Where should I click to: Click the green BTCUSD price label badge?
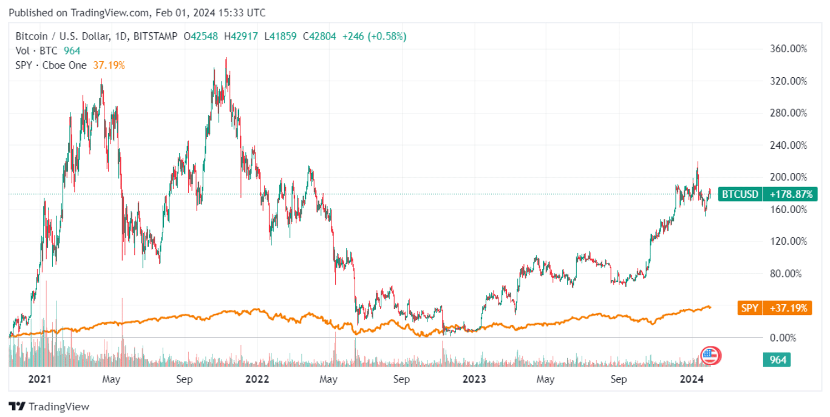pyautogui.click(x=739, y=194)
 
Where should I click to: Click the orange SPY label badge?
pyautogui.click(x=749, y=308)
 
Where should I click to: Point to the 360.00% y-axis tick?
pyautogui.click(x=787, y=49)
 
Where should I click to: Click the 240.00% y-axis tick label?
pyautogui.click(x=787, y=145)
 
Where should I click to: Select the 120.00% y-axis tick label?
pyautogui.click(x=787, y=241)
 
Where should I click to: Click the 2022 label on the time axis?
pyautogui.click(x=257, y=380)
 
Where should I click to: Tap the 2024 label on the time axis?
pyautogui.click(x=691, y=380)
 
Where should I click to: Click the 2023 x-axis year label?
pyautogui.click(x=474, y=380)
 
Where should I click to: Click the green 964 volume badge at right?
pyautogui.click(x=778, y=360)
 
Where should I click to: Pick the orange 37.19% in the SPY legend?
pyautogui.click(x=109, y=65)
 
